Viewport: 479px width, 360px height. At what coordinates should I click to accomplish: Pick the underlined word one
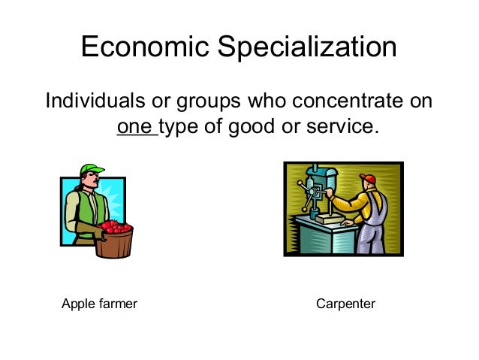click(x=135, y=127)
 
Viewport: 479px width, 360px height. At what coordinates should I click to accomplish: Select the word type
click(x=181, y=127)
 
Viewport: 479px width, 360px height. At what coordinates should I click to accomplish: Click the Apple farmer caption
click(x=99, y=304)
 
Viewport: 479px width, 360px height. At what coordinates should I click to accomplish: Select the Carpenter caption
click(x=345, y=304)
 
